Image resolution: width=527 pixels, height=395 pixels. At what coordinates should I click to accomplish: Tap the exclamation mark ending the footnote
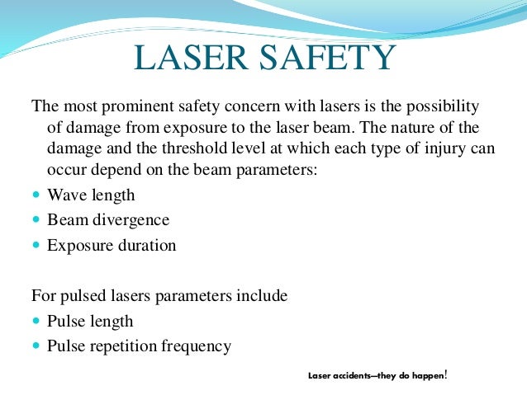(x=446, y=374)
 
